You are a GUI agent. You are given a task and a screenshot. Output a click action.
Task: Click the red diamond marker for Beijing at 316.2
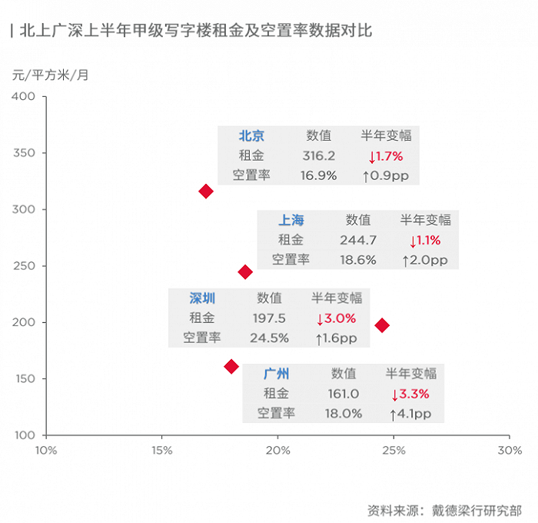click(206, 191)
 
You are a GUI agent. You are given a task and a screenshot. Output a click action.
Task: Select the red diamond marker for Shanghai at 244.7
click(245, 271)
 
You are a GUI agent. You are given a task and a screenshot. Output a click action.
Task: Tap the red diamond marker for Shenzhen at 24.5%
click(382, 325)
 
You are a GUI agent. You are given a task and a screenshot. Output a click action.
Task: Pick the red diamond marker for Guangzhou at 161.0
click(231, 366)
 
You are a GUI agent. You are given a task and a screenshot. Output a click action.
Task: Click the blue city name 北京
click(251, 136)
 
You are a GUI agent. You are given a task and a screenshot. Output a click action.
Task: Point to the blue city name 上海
click(291, 220)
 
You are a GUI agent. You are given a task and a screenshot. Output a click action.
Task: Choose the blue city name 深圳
click(202, 298)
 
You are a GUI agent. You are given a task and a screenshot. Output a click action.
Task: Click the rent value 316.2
click(318, 156)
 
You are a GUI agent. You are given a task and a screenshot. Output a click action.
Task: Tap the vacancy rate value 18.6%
click(358, 260)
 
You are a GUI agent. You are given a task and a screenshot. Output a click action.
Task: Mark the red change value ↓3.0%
click(336, 318)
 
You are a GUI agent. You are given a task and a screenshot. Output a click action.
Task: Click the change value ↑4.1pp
click(410, 415)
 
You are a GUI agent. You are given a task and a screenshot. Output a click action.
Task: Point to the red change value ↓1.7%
click(386, 156)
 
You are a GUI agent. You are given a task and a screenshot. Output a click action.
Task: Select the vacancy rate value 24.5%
click(269, 338)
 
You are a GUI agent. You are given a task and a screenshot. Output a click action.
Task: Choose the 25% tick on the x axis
click(394, 450)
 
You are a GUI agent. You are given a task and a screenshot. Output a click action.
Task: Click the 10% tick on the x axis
click(46, 450)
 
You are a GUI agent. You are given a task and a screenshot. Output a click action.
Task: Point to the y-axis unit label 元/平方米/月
click(51, 75)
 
